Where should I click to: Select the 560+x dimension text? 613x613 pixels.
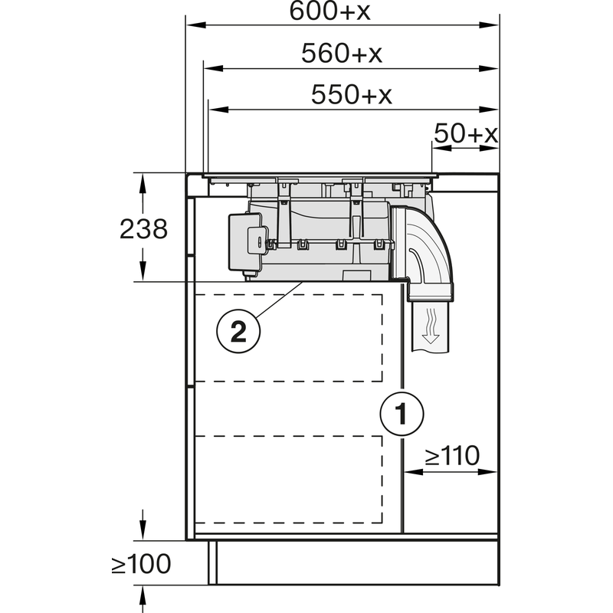342,54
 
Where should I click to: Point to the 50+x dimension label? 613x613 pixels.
466,134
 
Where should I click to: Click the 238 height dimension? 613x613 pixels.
143,228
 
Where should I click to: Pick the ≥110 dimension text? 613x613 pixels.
452,456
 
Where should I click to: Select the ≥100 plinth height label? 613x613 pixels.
142,565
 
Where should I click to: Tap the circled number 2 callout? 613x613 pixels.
238,331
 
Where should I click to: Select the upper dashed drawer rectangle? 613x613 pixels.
289,337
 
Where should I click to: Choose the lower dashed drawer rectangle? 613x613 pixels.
289,479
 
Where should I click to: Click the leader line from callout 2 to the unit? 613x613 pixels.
280,300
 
